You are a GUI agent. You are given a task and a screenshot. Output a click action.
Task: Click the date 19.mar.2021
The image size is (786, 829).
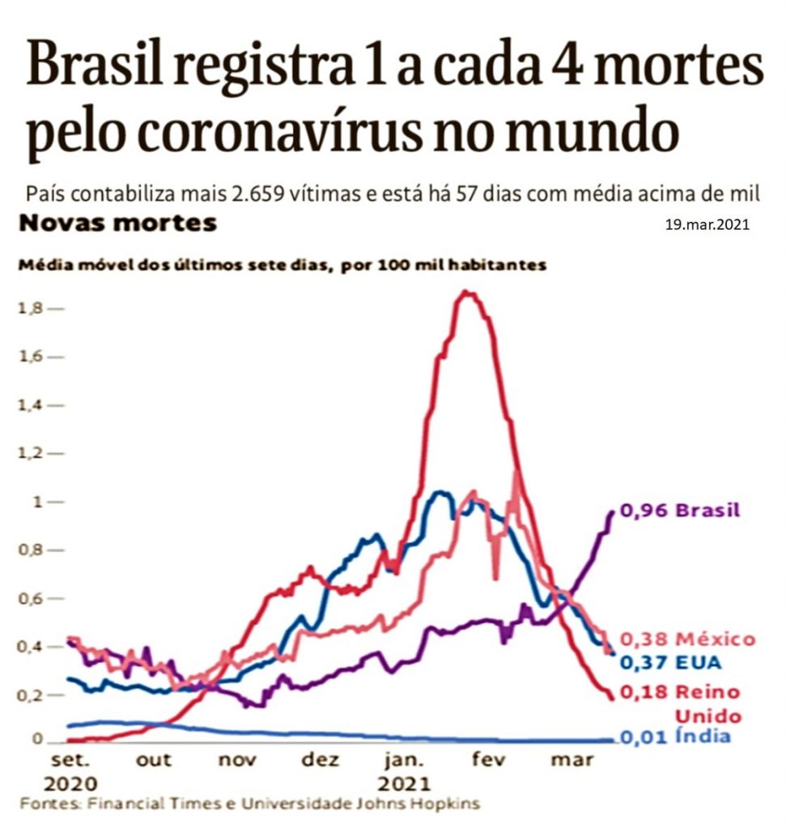707,226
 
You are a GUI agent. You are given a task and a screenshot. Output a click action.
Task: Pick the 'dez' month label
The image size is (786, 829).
320,760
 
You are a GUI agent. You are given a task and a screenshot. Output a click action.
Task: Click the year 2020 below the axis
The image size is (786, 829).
70,784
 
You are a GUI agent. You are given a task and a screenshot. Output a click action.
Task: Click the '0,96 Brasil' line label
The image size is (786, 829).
679,511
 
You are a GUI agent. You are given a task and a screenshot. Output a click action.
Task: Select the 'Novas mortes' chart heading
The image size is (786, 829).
118,223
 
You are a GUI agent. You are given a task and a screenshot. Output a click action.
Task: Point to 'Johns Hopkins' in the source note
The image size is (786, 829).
429,804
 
